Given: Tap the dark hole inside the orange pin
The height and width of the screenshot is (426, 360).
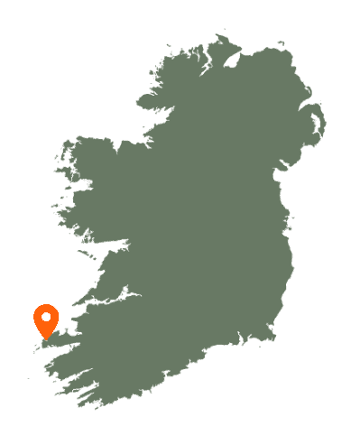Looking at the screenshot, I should point(47,317).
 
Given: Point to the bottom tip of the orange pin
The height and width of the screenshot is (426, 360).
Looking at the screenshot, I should point(47,339).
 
